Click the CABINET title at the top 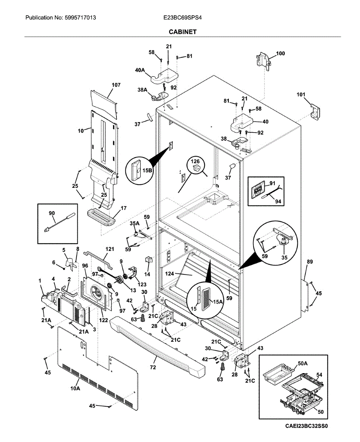(182, 32)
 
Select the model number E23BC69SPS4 (182, 18)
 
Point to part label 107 (116, 85)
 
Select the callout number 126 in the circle (195, 161)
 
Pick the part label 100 (280, 53)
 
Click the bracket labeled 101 (315, 112)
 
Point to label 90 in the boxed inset (52, 213)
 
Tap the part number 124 (169, 274)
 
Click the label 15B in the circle (147, 171)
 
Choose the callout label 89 (310, 262)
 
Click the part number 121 (109, 249)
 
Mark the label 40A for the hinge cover (140, 70)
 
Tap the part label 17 (123, 208)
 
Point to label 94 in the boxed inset (278, 201)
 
